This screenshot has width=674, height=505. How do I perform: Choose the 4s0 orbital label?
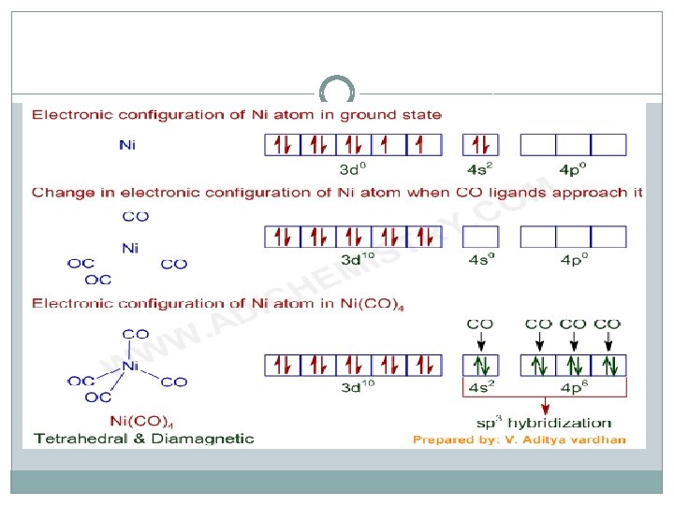[482, 259]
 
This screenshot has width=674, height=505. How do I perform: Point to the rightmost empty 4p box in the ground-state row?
[608, 145]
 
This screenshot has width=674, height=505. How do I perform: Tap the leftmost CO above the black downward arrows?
[480, 325]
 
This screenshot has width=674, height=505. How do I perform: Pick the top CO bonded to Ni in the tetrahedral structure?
[136, 333]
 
